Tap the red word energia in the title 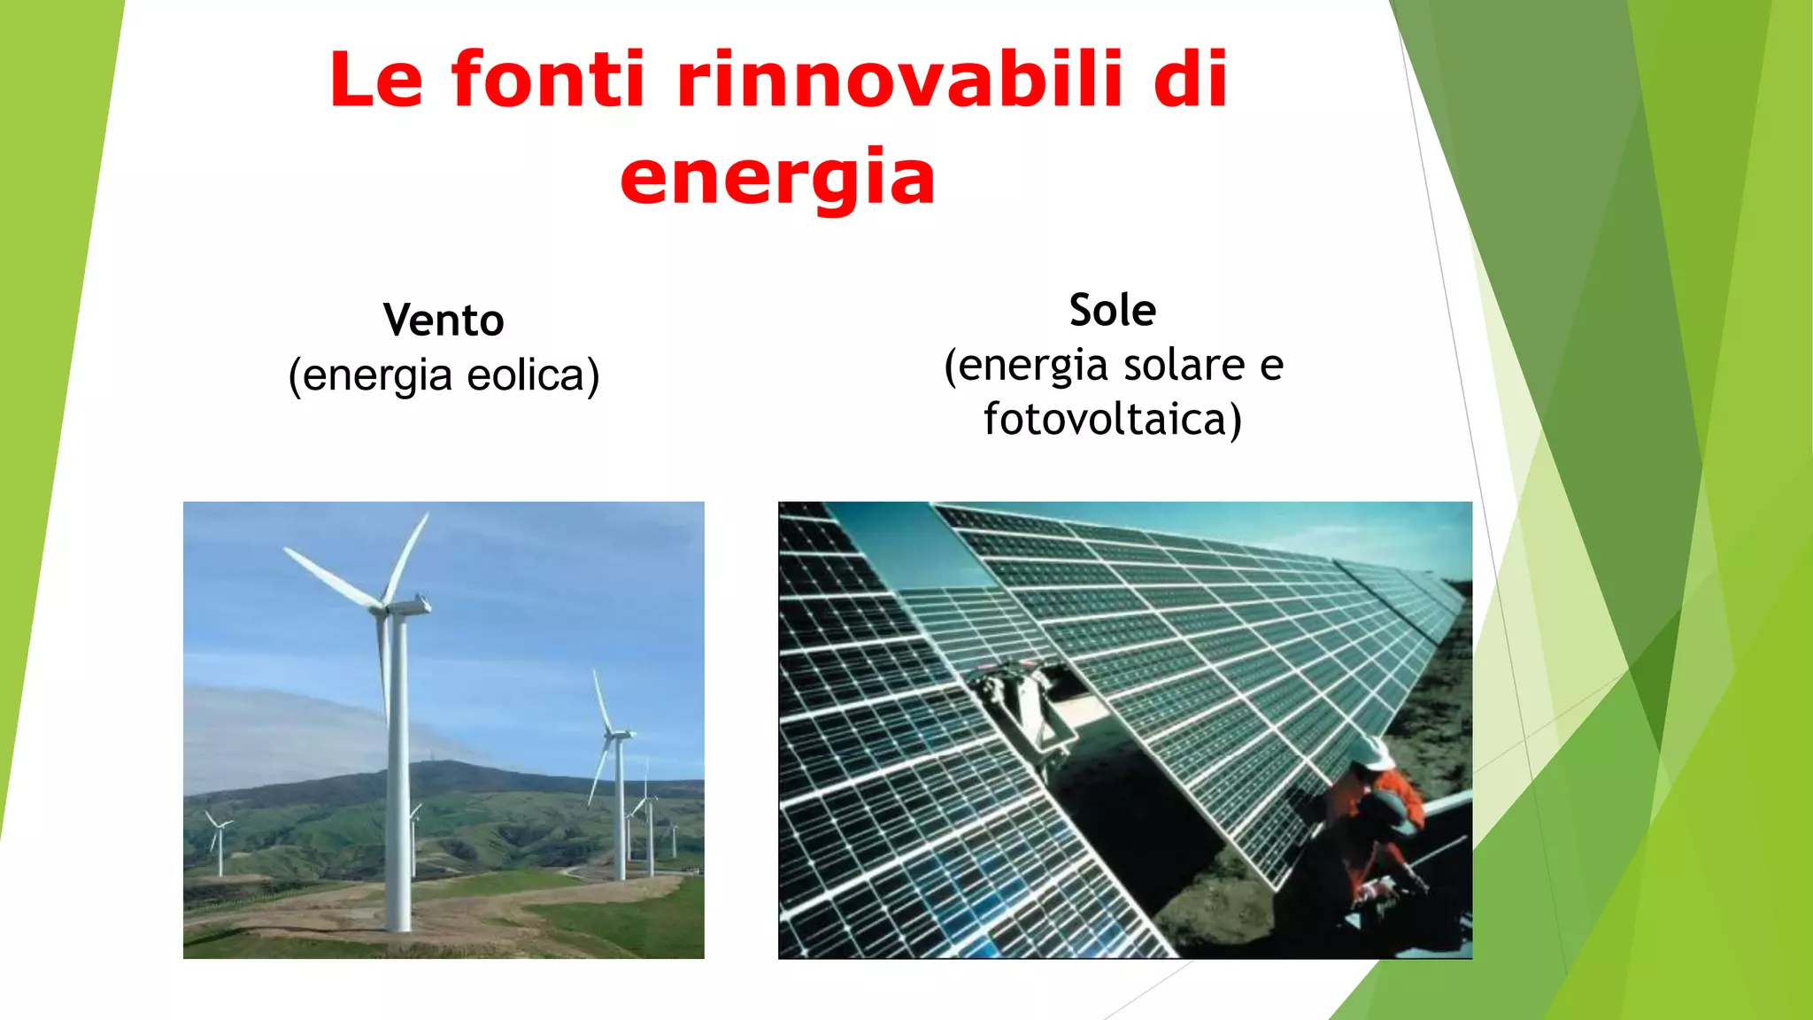777,177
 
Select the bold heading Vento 444,320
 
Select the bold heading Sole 1113,310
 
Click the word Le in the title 376,80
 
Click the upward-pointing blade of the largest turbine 409,553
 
